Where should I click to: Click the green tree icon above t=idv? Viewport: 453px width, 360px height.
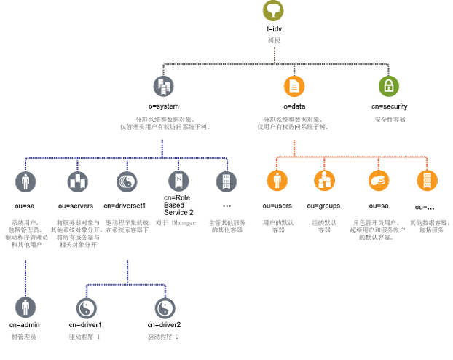273,11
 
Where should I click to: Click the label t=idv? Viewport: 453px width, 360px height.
273,28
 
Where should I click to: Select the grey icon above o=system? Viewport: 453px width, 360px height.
163,86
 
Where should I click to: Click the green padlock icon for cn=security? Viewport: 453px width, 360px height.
389,86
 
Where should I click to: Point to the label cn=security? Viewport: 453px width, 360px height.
389,106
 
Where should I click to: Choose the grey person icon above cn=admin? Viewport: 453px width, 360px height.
25,307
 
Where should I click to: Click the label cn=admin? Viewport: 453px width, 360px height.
25,324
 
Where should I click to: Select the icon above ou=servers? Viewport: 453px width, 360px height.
77,181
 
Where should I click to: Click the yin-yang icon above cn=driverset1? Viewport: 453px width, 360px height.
125,181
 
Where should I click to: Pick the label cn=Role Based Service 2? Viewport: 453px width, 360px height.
179,205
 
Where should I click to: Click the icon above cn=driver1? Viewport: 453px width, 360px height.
87,307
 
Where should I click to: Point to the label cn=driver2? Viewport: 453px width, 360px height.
164,324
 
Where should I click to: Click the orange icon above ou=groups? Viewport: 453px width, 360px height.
324,180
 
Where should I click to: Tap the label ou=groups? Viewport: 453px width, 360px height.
323,206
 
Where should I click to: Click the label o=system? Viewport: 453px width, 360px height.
163,106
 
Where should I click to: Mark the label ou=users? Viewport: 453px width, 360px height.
277,206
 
